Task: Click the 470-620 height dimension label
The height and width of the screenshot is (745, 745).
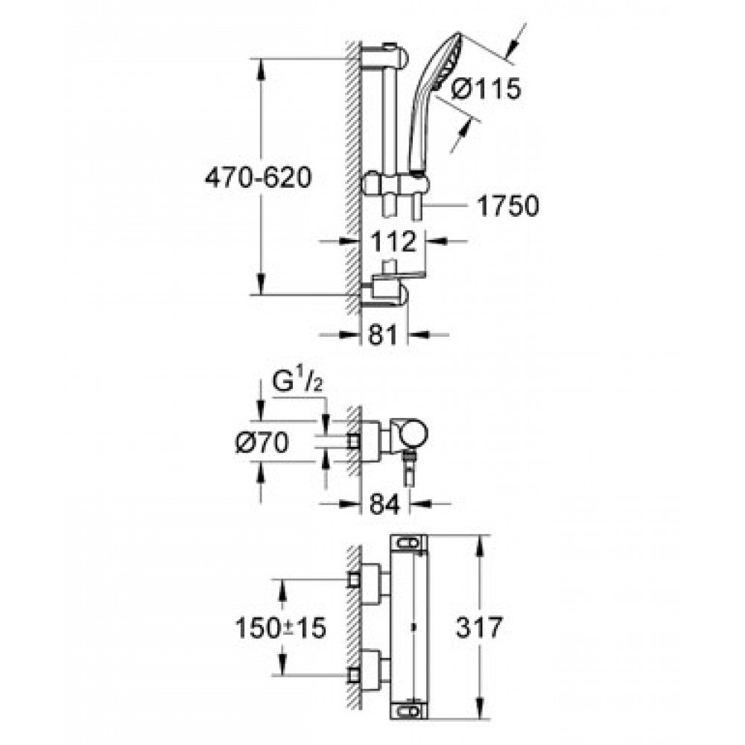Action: (258, 178)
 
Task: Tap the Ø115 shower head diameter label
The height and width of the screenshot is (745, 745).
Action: (486, 89)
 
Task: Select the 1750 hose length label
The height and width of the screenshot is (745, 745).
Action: (507, 206)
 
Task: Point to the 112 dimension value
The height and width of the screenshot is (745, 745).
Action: (393, 241)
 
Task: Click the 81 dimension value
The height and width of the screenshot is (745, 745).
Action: (383, 335)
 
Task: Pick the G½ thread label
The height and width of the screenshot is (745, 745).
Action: (297, 382)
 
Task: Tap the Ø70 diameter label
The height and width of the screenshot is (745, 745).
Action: (262, 443)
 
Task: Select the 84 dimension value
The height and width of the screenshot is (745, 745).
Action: (385, 504)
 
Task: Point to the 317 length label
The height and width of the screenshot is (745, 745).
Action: (479, 627)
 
